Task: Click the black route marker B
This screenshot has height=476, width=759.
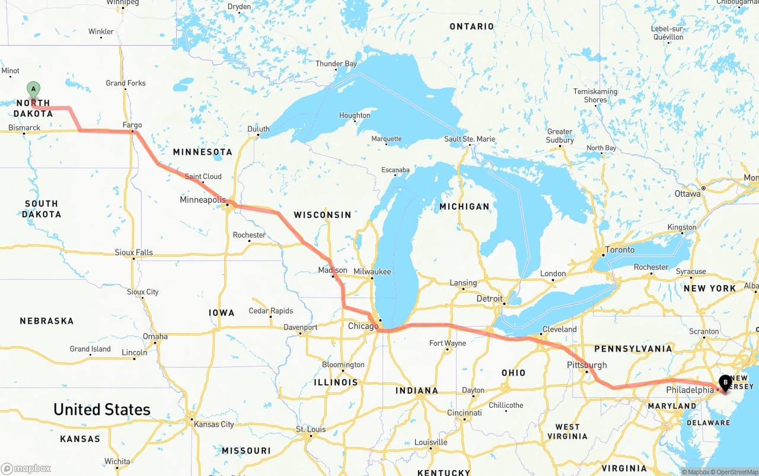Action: point(725,382)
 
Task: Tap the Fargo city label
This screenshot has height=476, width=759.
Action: point(132,125)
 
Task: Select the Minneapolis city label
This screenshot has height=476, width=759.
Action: point(203,200)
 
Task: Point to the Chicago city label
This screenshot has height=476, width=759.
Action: point(363,326)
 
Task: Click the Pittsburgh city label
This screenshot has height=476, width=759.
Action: point(586,365)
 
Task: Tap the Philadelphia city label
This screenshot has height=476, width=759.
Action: point(690,390)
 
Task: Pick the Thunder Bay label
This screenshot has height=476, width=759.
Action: point(336,64)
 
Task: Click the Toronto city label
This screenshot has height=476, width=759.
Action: point(620,250)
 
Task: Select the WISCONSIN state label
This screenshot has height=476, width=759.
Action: point(323,215)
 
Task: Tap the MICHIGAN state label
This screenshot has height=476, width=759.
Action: point(464,206)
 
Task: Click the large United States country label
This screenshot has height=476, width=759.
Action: point(102,410)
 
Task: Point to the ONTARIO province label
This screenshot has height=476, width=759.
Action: point(471,27)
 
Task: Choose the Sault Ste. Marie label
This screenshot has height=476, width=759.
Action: point(470,139)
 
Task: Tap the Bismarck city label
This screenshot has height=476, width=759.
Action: point(24,127)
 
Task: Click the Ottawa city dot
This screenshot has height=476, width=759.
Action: point(703,188)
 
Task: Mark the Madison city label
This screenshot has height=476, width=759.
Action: point(333,270)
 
